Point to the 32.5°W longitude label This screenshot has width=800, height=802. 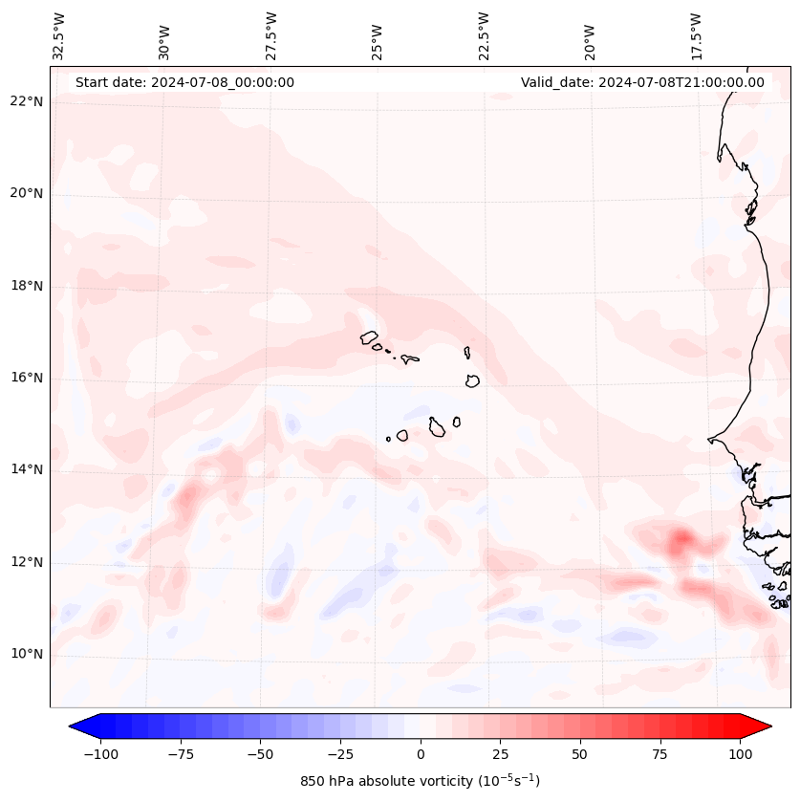tap(59, 35)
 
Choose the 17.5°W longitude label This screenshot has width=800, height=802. tap(696, 35)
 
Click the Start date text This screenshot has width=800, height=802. tap(184, 82)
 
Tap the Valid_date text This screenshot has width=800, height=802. tap(642, 82)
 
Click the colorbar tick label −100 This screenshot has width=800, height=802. tap(98, 754)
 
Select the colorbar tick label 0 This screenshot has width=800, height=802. tap(421, 754)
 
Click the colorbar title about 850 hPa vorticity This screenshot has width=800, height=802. tap(420, 781)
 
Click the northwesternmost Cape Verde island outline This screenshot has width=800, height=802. tap(369, 337)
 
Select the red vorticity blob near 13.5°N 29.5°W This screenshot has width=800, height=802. tap(188, 495)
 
